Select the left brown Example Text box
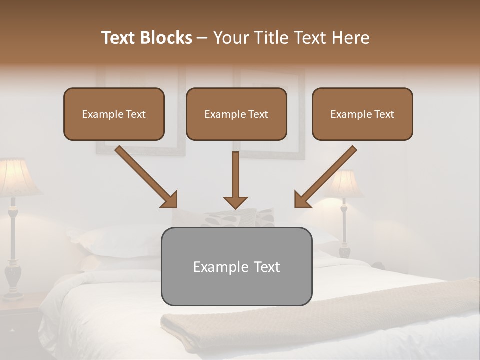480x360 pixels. pyautogui.click(x=114, y=114)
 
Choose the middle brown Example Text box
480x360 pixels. pyautogui.click(x=236, y=114)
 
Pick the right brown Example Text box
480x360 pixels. pyautogui.click(x=362, y=114)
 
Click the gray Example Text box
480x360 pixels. pyautogui.click(x=236, y=266)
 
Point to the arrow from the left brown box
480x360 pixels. pyautogui.click(x=146, y=176)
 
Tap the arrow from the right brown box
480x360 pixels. pyautogui.click(x=326, y=176)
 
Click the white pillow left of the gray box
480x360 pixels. pyautogui.click(x=120, y=242)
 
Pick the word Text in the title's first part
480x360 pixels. pyautogui.click(x=119, y=38)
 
